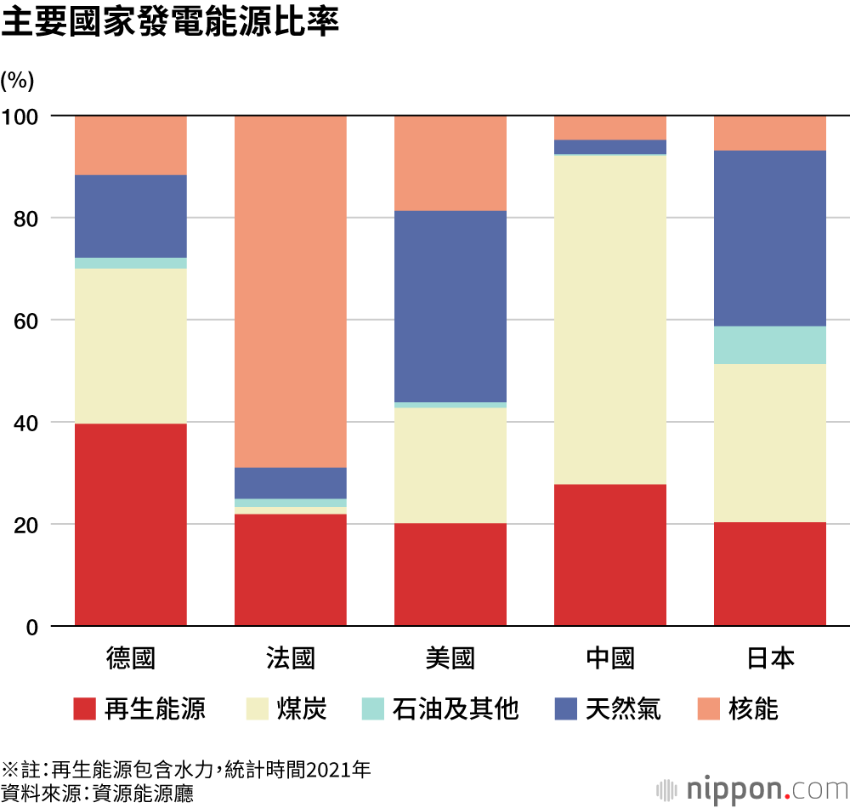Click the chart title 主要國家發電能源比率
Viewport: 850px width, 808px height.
click(x=170, y=24)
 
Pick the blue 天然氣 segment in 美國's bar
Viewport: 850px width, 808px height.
click(x=450, y=306)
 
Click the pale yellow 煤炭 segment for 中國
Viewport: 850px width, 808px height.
click(x=609, y=320)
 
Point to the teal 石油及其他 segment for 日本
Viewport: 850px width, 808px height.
click(x=769, y=345)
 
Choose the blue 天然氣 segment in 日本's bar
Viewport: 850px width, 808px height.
click(x=769, y=238)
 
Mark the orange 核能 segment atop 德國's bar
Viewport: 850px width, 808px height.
click(x=131, y=145)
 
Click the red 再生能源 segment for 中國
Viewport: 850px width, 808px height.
click(x=609, y=555)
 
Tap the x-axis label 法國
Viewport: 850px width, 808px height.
click(x=290, y=658)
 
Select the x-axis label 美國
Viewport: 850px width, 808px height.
click(x=450, y=658)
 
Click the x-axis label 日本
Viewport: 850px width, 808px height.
click(x=769, y=658)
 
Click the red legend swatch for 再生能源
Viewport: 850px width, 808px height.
click(x=84, y=708)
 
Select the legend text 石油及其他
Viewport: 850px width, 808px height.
click(x=456, y=708)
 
